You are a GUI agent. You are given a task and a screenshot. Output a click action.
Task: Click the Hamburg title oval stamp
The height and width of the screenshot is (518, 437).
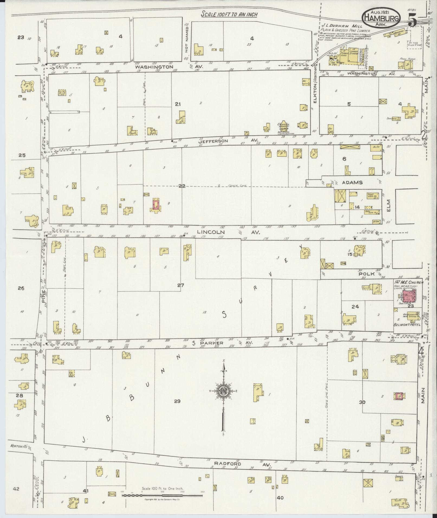[380, 17]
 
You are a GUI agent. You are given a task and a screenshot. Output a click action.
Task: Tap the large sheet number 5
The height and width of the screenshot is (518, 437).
[412, 20]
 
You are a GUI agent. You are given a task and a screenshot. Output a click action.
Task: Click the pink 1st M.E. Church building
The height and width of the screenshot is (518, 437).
[409, 296]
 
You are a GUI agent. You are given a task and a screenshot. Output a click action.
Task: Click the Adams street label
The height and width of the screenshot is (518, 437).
[352, 183]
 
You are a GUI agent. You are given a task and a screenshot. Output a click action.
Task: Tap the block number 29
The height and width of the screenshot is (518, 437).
[177, 401]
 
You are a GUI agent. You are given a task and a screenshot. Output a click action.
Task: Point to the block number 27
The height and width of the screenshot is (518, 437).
[180, 285]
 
